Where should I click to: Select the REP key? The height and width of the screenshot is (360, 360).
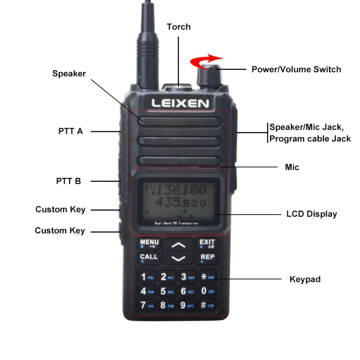coord(207,258)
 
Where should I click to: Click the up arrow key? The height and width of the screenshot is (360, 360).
coord(179,246)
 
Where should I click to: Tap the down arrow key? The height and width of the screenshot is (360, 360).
coord(179,258)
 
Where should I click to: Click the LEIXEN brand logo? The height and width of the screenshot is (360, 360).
coord(180,103)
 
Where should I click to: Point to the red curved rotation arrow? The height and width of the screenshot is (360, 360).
coord(206,60)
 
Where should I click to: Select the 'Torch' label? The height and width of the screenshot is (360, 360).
coord(179,27)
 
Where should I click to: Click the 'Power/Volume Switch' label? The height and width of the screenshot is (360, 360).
coord(296,69)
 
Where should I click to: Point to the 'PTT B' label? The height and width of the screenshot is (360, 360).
coord(69,181)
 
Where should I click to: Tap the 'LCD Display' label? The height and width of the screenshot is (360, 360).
coord(311,214)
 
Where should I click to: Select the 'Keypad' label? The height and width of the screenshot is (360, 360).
coord(305,279)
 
